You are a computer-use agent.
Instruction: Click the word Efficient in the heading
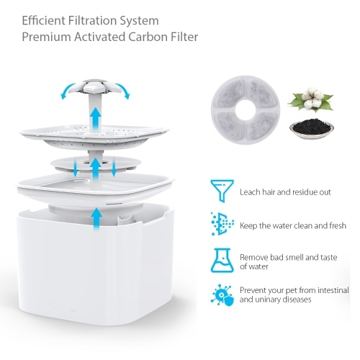pos(43,20)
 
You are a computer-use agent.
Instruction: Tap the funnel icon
pos(222,191)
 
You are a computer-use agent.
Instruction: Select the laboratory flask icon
pos(222,261)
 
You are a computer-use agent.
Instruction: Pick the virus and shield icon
pos(222,295)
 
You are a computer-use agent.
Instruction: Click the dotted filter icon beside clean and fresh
pos(222,224)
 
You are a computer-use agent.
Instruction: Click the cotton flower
pos(311,99)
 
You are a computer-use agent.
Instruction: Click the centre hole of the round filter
pos(246,110)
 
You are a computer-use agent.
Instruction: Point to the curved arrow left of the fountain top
pos(66,89)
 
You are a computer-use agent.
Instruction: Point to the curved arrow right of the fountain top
pos(124,89)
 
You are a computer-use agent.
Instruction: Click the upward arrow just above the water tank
pos(96,219)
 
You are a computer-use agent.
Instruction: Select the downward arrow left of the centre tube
pos(76,166)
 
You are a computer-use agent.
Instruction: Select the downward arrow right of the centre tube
pos(114,166)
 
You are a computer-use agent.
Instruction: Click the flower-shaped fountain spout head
pos(94,87)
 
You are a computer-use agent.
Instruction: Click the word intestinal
pos(333,290)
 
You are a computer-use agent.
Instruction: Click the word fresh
pos(336,225)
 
